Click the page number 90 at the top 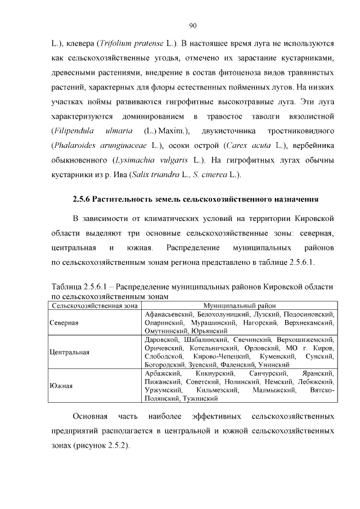tap(192, 25)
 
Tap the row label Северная tap(64, 323)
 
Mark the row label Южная tap(60, 386)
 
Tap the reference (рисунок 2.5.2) tap(100, 445)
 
